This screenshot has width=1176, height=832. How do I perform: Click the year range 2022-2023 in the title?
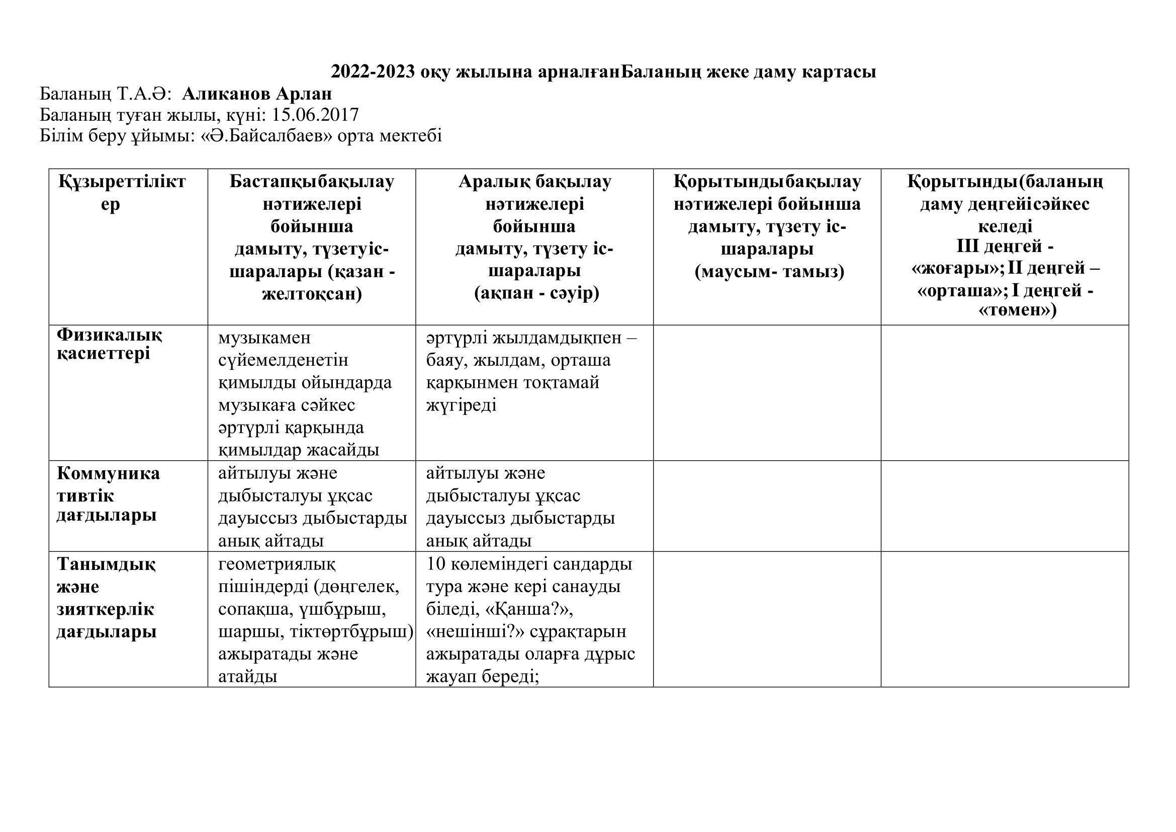point(373,72)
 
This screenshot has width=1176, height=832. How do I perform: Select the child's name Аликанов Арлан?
point(256,94)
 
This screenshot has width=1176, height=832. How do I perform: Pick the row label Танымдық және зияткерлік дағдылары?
point(106,599)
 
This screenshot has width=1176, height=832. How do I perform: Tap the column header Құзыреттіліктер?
point(121,192)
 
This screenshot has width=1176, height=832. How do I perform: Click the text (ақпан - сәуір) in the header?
point(536,294)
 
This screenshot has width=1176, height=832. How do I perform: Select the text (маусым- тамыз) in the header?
point(769,272)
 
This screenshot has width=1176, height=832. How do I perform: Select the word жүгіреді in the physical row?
point(461,405)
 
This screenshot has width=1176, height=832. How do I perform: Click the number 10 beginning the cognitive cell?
point(436,564)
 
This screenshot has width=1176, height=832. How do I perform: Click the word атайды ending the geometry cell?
point(248,677)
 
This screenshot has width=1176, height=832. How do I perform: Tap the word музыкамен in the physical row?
point(264,338)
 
